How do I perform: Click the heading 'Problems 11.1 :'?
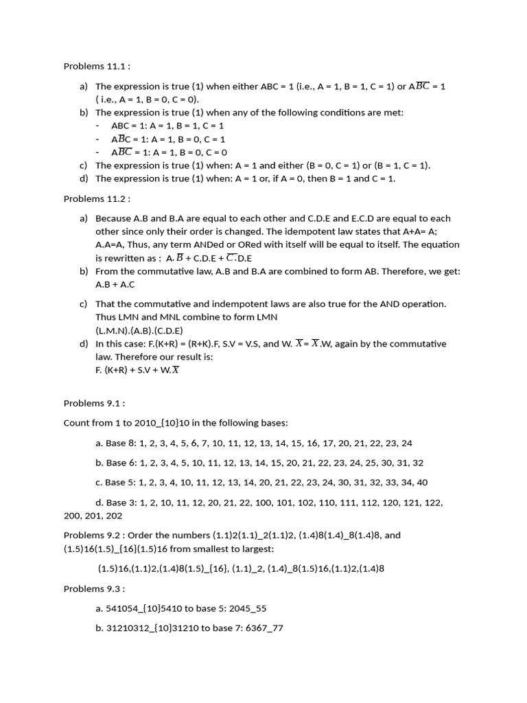(x=97, y=67)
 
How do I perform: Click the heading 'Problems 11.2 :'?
(x=97, y=198)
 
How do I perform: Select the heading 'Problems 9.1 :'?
(x=94, y=404)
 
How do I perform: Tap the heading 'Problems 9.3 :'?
(x=94, y=588)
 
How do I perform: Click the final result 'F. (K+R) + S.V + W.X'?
(x=138, y=370)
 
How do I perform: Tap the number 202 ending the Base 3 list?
(x=114, y=516)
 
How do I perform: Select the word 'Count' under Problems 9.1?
(x=77, y=424)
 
